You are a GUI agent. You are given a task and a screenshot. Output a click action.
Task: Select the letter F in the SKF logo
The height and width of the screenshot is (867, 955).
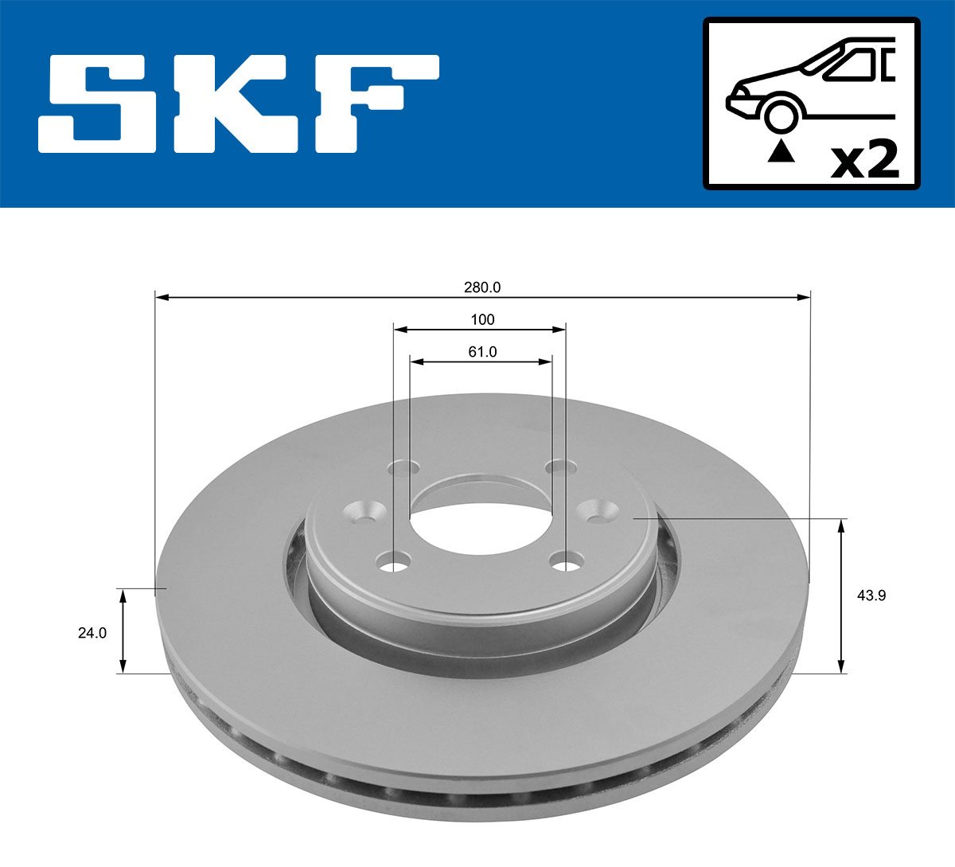tap(374, 104)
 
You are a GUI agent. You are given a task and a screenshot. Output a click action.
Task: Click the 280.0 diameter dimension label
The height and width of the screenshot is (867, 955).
tap(482, 287)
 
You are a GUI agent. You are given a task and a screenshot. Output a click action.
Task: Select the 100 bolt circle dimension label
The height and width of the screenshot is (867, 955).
tap(482, 319)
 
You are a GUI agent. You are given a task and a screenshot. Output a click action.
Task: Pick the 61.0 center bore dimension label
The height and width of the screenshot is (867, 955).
tap(482, 351)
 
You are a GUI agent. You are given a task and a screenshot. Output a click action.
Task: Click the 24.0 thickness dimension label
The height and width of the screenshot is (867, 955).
tap(92, 633)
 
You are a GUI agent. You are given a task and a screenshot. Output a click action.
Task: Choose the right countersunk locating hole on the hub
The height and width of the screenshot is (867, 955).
tap(596, 510)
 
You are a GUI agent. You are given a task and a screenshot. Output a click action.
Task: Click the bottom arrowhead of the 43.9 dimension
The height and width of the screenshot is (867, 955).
tap(841, 666)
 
